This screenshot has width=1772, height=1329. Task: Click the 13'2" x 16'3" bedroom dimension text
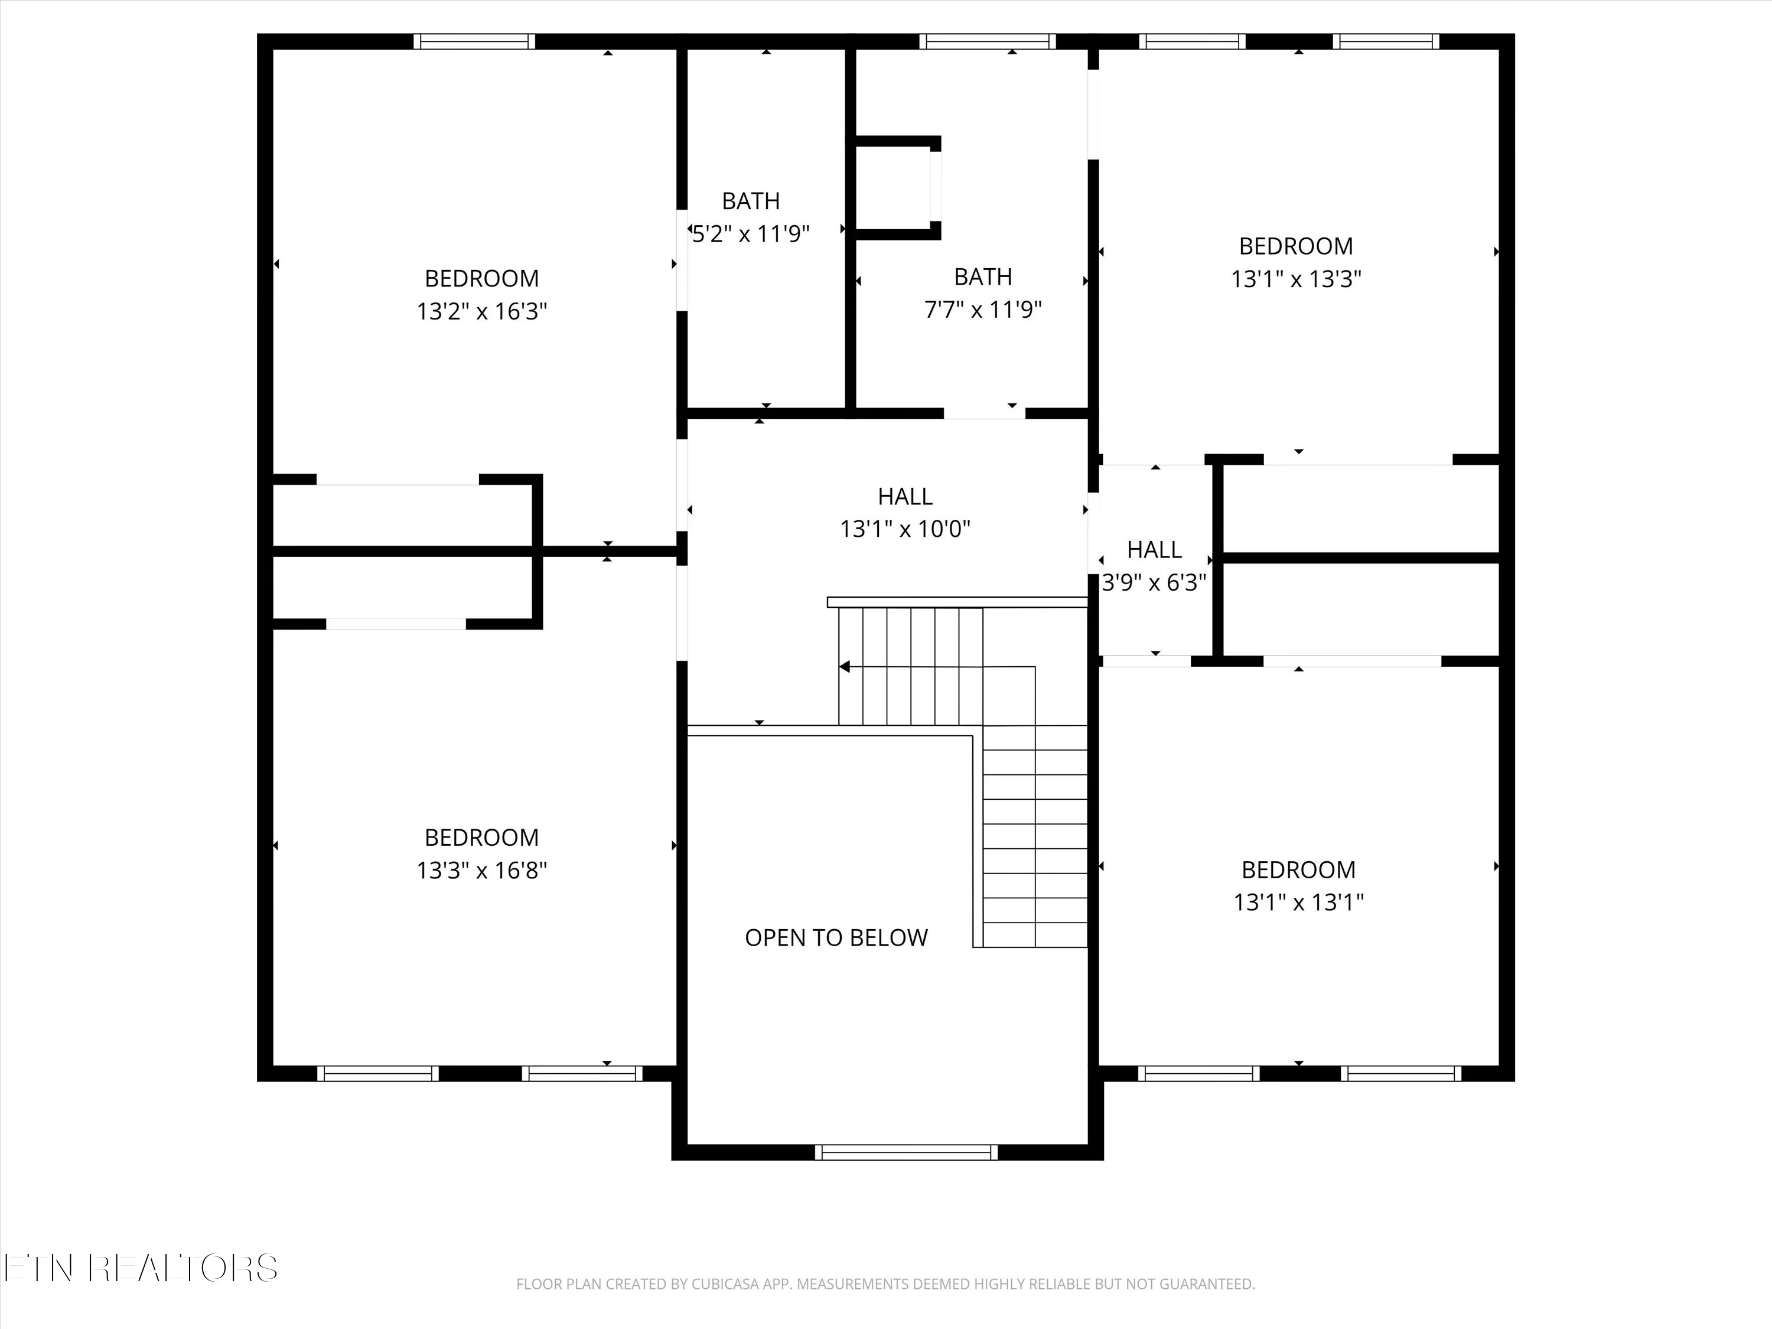tap(481, 311)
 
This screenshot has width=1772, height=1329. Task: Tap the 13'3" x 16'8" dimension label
tap(481, 870)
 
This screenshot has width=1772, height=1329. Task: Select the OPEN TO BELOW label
tap(836, 937)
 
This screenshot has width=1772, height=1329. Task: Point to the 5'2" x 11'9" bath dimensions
tap(751, 234)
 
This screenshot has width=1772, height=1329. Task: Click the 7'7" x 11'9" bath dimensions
tap(983, 310)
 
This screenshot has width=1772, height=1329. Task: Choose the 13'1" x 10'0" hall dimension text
tap(905, 529)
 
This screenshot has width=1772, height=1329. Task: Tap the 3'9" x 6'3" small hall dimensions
tap(1154, 582)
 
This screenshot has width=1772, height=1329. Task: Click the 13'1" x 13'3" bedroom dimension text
tap(1296, 279)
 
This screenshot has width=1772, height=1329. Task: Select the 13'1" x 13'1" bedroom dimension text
tap(1298, 902)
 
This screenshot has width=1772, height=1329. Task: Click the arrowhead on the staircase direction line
tap(843, 666)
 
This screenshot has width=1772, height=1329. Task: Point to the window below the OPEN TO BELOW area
tap(906, 1152)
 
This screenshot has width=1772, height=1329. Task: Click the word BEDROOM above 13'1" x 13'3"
tap(1296, 246)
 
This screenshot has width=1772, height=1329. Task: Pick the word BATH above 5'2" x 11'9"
tap(751, 201)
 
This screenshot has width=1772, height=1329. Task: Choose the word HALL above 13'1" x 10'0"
tap(905, 497)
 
